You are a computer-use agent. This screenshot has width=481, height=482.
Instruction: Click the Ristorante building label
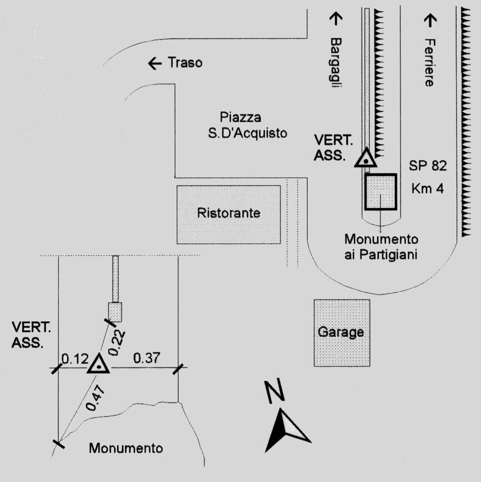[x=228, y=213]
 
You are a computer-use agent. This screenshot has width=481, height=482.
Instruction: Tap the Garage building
[x=341, y=332]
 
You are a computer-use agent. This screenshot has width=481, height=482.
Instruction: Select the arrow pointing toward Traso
[x=155, y=63]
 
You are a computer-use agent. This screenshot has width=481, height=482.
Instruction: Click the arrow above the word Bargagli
[x=335, y=18]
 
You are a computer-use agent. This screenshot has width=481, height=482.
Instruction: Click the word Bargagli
[x=335, y=62]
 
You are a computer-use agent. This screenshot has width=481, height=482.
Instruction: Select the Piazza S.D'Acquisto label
[x=244, y=125]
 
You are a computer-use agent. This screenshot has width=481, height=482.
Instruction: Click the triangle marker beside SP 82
[x=366, y=158]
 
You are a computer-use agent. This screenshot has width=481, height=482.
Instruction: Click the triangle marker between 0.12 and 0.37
[x=98, y=365]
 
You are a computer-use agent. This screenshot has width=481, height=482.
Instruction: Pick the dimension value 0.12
[x=74, y=359]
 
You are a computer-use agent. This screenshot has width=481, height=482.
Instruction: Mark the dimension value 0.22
[x=117, y=341]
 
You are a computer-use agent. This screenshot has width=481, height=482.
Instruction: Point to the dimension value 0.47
[x=95, y=396]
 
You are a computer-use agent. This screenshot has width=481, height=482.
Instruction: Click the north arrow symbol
[x=287, y=429]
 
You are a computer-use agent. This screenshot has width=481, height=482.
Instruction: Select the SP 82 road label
[x=428, y=166]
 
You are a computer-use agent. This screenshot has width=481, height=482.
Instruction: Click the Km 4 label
[x=428, y=188]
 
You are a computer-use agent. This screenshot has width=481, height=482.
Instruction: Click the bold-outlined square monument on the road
[x=380, y=191]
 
